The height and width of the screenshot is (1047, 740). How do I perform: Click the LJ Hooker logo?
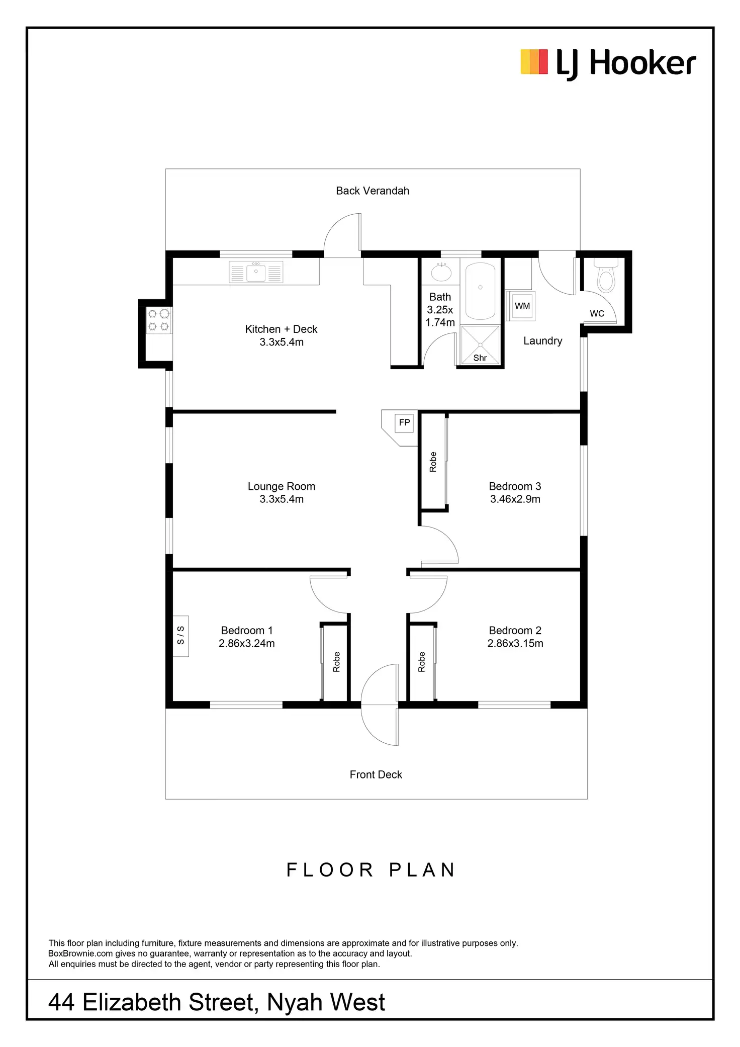coord(608,64)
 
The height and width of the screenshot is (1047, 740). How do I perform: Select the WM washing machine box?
coord(522,306)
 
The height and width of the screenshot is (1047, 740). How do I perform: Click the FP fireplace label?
coord(404,423)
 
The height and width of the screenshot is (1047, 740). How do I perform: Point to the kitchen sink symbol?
coord(256,272)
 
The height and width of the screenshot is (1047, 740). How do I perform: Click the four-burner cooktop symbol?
coord(158,320)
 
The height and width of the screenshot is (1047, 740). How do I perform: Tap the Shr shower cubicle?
coord(480,345)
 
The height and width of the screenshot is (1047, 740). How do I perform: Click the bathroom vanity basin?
coord(441,273)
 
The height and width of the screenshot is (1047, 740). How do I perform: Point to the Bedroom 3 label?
coord(515,486)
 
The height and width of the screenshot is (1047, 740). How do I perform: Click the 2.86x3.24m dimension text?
coord(246,643)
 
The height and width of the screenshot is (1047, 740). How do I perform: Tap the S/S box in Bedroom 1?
coord(181,636)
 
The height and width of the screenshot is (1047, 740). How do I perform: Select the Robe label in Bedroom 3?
coord(433,462)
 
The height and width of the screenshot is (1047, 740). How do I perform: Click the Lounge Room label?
coord(281,486)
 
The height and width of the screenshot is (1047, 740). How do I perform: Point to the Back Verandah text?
coord(373,191)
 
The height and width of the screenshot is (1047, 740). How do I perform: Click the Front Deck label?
coord(376,774)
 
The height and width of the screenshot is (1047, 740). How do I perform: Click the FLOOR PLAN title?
coord(371,869)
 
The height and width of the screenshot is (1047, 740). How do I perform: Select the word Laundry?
coord(542,341)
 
